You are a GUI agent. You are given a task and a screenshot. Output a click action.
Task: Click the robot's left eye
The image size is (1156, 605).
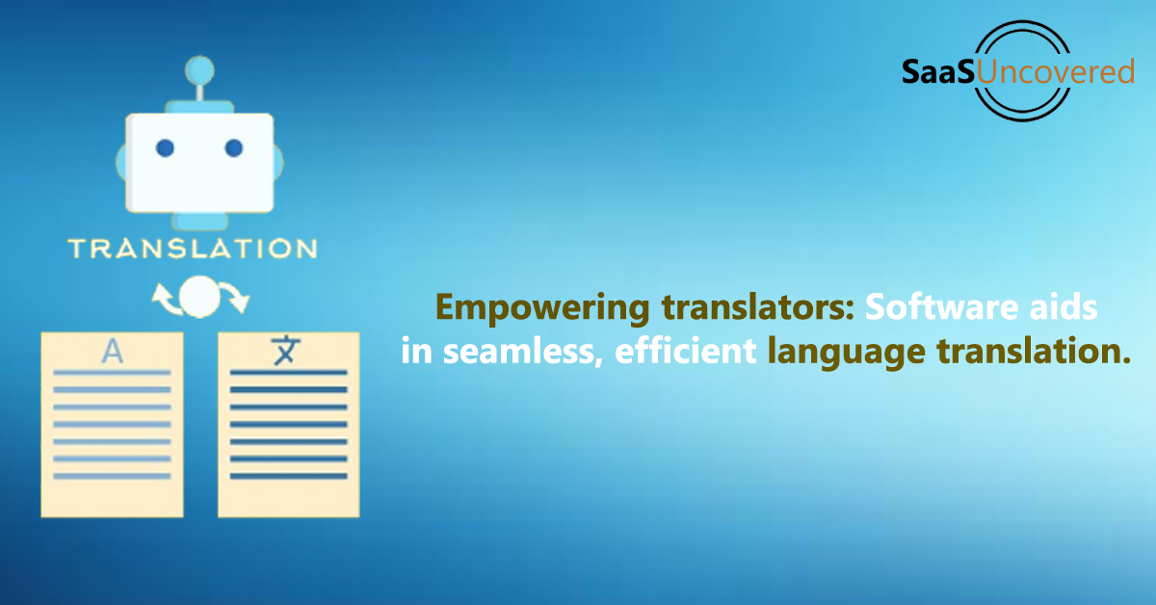point(165,148)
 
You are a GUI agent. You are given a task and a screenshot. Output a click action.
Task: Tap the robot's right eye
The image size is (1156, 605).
point(234,148)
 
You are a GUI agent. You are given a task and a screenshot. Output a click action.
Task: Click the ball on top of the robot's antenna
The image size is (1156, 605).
point(199,70)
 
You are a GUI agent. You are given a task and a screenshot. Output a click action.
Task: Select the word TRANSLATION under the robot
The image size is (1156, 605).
point(193,249)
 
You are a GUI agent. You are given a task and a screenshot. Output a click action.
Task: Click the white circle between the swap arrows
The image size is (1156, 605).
point(199,297)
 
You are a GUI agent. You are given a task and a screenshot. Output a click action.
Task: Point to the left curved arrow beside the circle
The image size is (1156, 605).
point(166,300)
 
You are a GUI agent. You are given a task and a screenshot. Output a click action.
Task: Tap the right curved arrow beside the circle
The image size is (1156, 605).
point(235,299)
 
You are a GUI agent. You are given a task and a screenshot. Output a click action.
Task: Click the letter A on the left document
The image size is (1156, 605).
point(113,352)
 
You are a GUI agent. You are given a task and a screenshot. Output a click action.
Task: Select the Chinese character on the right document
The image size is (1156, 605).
point(285,351)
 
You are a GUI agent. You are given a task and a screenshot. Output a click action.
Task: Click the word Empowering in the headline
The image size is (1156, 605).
point(543,308)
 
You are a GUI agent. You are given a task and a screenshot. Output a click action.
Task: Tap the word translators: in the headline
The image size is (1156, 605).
point(758,307)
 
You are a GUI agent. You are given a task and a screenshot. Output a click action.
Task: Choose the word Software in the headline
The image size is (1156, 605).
point(942,307)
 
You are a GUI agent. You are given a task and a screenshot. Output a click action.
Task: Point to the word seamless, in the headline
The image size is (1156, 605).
point(523,352)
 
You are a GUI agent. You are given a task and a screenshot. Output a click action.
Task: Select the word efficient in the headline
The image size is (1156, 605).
point(685,351)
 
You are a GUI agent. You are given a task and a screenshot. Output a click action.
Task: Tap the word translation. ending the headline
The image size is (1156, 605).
point(1034,351)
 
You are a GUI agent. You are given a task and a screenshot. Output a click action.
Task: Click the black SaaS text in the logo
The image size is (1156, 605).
point(938,71)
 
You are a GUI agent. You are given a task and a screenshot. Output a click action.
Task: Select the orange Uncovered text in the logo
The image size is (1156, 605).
point(1055,71)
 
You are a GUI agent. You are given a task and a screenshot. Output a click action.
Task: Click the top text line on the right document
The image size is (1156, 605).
point(288,372)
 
